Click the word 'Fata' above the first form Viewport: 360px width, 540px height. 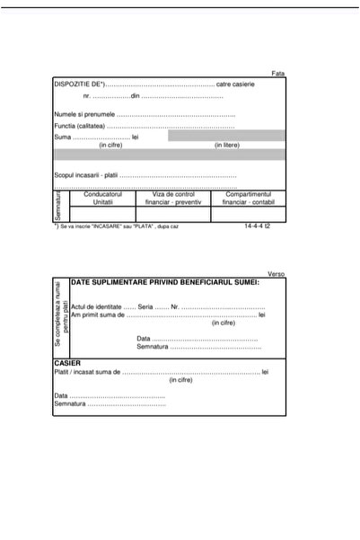point(278,73)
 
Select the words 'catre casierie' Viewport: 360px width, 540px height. point(235,84)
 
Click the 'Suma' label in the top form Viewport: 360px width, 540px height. point(62,137)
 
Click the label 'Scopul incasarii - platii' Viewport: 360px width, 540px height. point(86,175)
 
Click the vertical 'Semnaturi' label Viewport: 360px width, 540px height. point(57,206)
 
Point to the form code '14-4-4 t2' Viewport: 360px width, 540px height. point(256,226)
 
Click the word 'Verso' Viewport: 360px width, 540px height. point(277,274)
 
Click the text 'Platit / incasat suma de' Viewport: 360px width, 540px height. point(87,372)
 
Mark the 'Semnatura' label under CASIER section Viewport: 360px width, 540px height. point(70,404)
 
